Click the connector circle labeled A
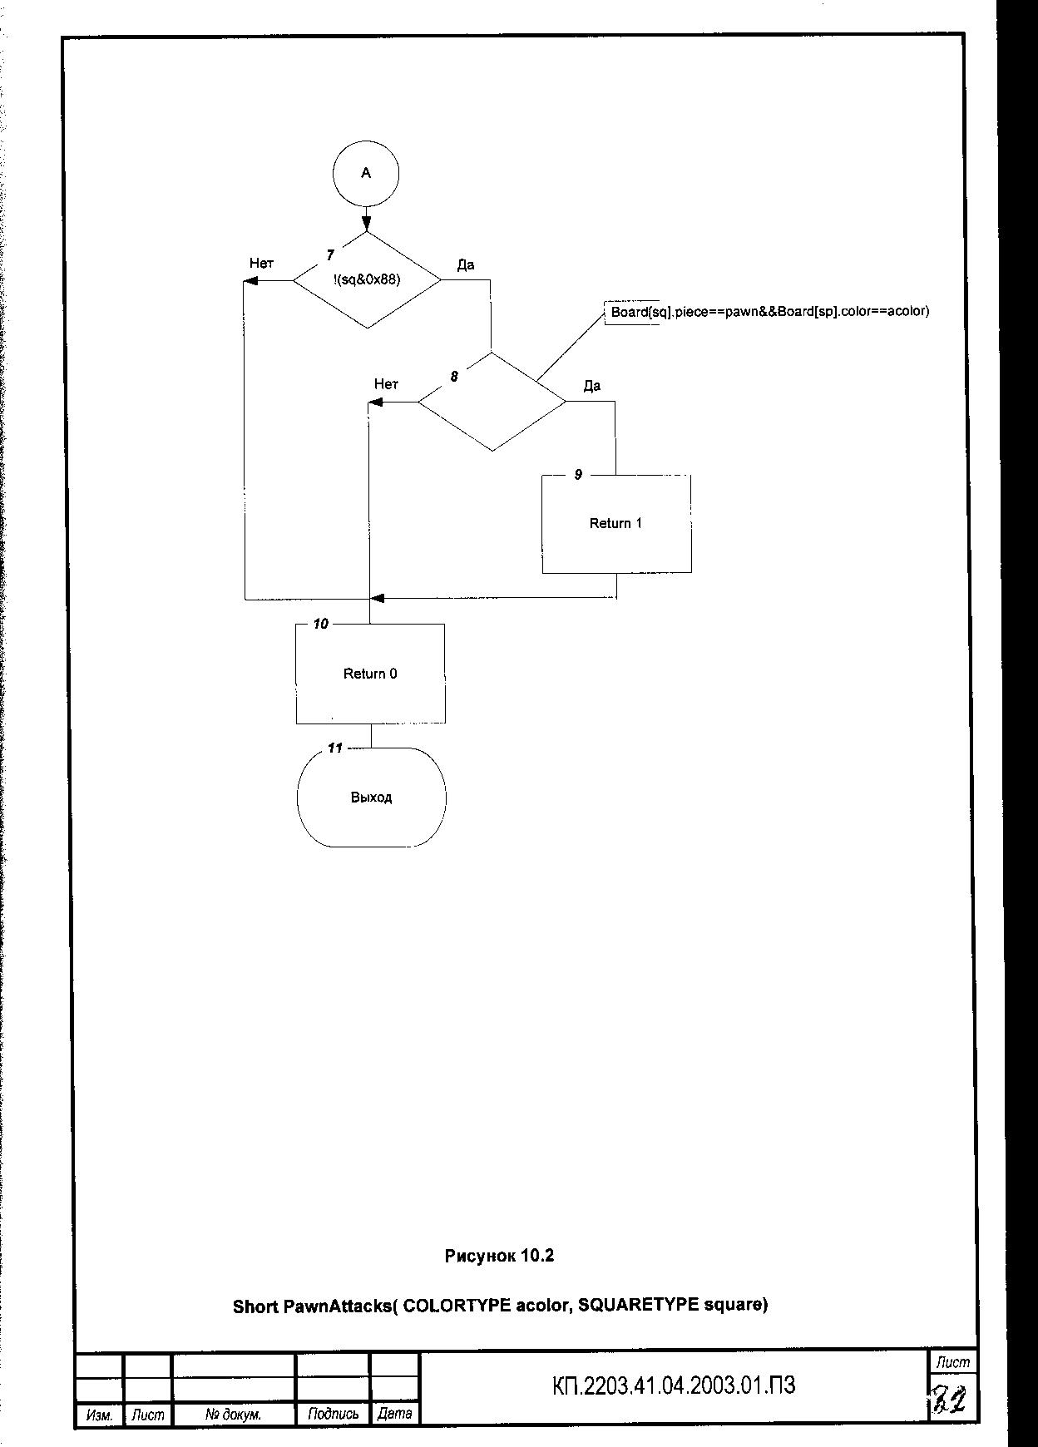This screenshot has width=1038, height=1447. click(x=366, y=173)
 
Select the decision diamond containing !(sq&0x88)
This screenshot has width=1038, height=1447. click(x=367, y=280)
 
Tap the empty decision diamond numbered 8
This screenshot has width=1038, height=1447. click(x=492, y=402)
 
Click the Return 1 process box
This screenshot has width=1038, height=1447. click(x=616, y=524)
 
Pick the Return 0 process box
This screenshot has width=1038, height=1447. click(x=370, y=674)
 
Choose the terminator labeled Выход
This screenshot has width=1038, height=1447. click(x=371, y=798)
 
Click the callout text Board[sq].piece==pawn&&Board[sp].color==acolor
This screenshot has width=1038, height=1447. click(x=769, y=312)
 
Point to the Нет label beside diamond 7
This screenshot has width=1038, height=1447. click(x=261, y=263)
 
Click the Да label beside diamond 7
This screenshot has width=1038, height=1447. click(x=466, y=264)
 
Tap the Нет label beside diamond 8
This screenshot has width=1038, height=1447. click(x=386, y=384)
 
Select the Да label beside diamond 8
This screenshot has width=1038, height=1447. click(x=592, y=386)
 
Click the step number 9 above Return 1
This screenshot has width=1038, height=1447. click(x=578, y=475)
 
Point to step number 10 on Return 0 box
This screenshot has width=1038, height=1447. click(x=320, y=624)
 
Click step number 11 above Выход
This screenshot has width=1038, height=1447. click(x=334, y=748)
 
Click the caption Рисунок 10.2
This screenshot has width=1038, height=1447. click(x=499, y=1256)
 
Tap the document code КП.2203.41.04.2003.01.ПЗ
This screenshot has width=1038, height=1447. click(x=674, y=1385)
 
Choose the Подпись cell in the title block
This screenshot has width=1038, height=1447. click(x=333, y=1414)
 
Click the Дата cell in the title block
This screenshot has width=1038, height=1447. click(x=394, y=1413)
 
